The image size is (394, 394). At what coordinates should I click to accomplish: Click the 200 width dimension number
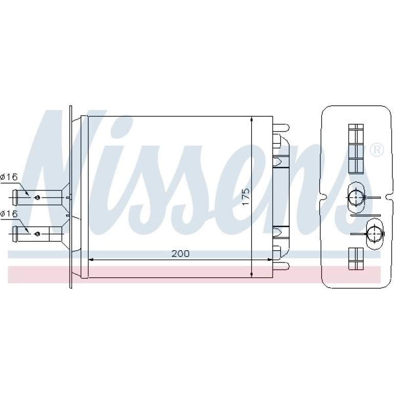click(x=181, y=254)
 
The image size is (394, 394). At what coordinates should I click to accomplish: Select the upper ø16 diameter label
click(x=9, y=177)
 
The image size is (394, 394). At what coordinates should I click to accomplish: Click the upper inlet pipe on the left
click(x=37, y=198)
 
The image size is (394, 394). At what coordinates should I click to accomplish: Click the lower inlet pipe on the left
click(x=37, y=234)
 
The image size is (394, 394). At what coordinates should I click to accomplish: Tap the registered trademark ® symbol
click(x=377, y=150)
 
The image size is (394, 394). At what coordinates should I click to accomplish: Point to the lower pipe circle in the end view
click(x=375, y=234)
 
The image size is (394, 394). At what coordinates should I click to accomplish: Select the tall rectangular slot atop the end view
click(x=356, y=149)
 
